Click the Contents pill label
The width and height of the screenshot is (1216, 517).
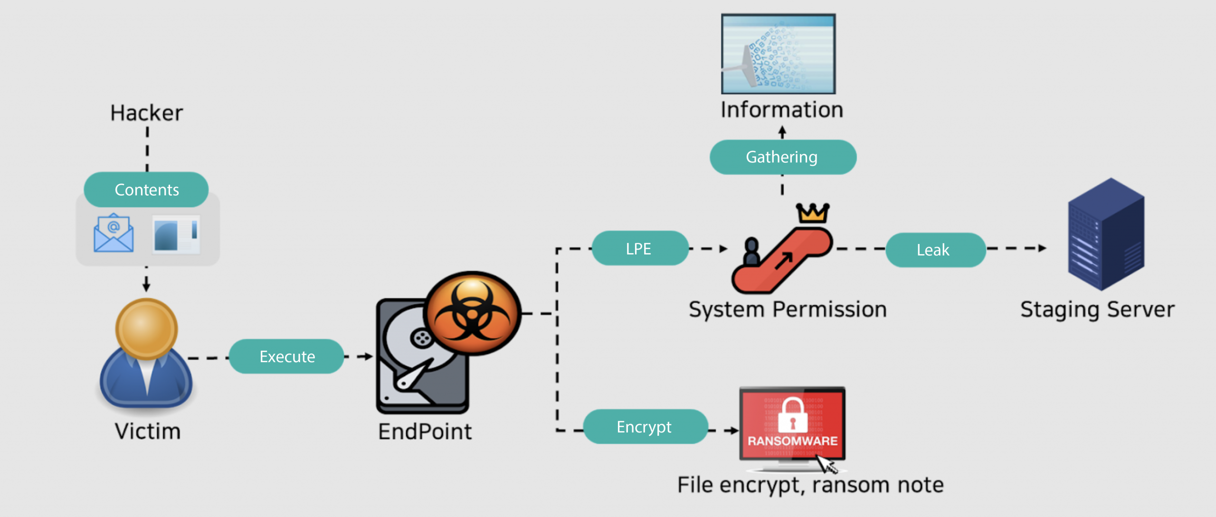(146, 190)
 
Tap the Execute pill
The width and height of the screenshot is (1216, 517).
(286, 357)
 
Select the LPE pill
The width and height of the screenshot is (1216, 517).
(639, 248)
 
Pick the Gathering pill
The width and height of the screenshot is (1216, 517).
(782, 157)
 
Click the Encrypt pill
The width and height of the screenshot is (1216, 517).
(645, 427)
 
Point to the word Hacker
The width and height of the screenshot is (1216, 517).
(146, 113)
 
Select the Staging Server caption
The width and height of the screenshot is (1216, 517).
(1097, 310)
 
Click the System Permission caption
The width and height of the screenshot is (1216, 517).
(788, 310)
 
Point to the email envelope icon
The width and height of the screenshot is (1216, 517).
(114, 233)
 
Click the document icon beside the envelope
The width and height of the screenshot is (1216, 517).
(176, 234)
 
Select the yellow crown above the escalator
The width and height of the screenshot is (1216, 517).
(813, 213)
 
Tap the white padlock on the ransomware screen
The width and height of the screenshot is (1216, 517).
(792, 415)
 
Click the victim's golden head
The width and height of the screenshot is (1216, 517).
(146, 329)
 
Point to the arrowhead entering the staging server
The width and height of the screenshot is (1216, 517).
(1042, 248)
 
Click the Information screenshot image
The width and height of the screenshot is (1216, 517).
(778, 54)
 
